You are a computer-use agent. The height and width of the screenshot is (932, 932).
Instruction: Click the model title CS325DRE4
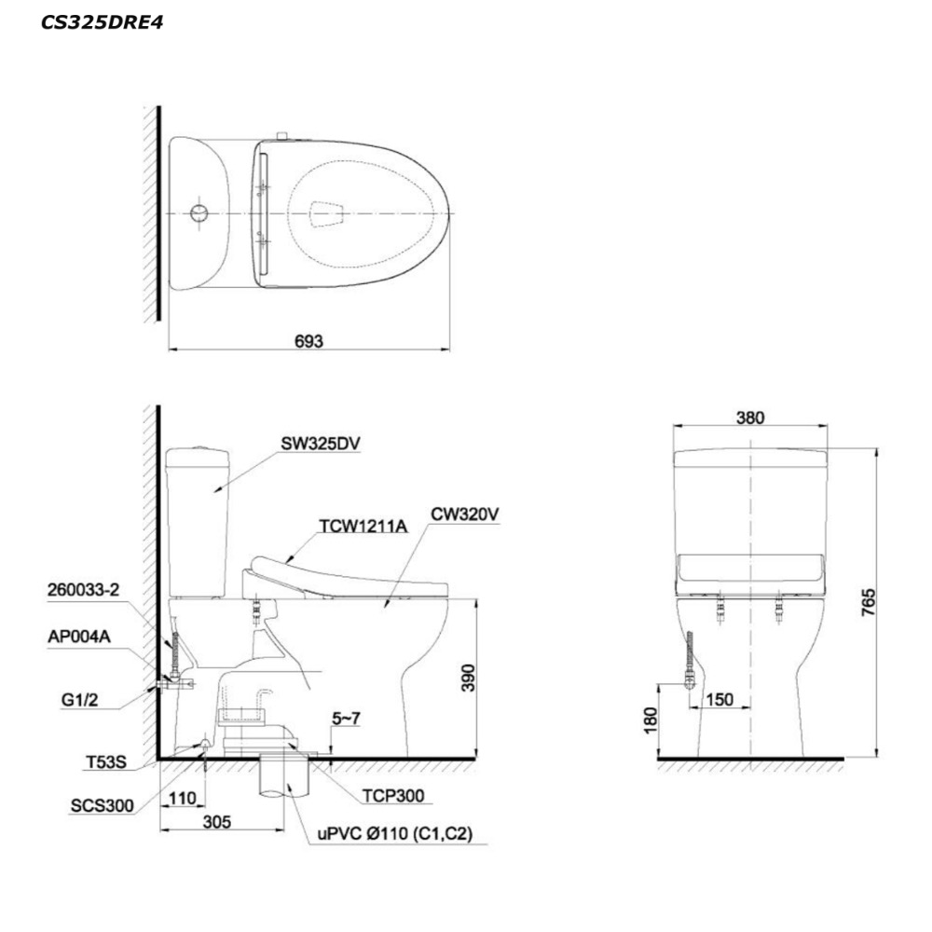point(102,22)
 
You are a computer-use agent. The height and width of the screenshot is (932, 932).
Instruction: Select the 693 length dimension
point(309,341)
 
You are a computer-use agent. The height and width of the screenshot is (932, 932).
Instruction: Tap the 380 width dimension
point(750,418)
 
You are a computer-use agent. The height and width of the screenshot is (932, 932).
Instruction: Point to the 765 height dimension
point(869,601)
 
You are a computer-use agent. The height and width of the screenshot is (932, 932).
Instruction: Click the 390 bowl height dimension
point(469,678)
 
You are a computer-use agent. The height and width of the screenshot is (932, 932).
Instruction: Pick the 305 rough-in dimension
point(217,822)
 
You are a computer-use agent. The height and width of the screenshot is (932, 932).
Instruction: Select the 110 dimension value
point(182,799)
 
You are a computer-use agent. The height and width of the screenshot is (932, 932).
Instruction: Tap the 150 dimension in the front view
point(720,700)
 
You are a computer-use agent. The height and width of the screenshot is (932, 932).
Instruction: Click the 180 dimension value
point(651,720)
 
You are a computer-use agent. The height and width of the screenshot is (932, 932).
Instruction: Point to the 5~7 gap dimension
point(346,719)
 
